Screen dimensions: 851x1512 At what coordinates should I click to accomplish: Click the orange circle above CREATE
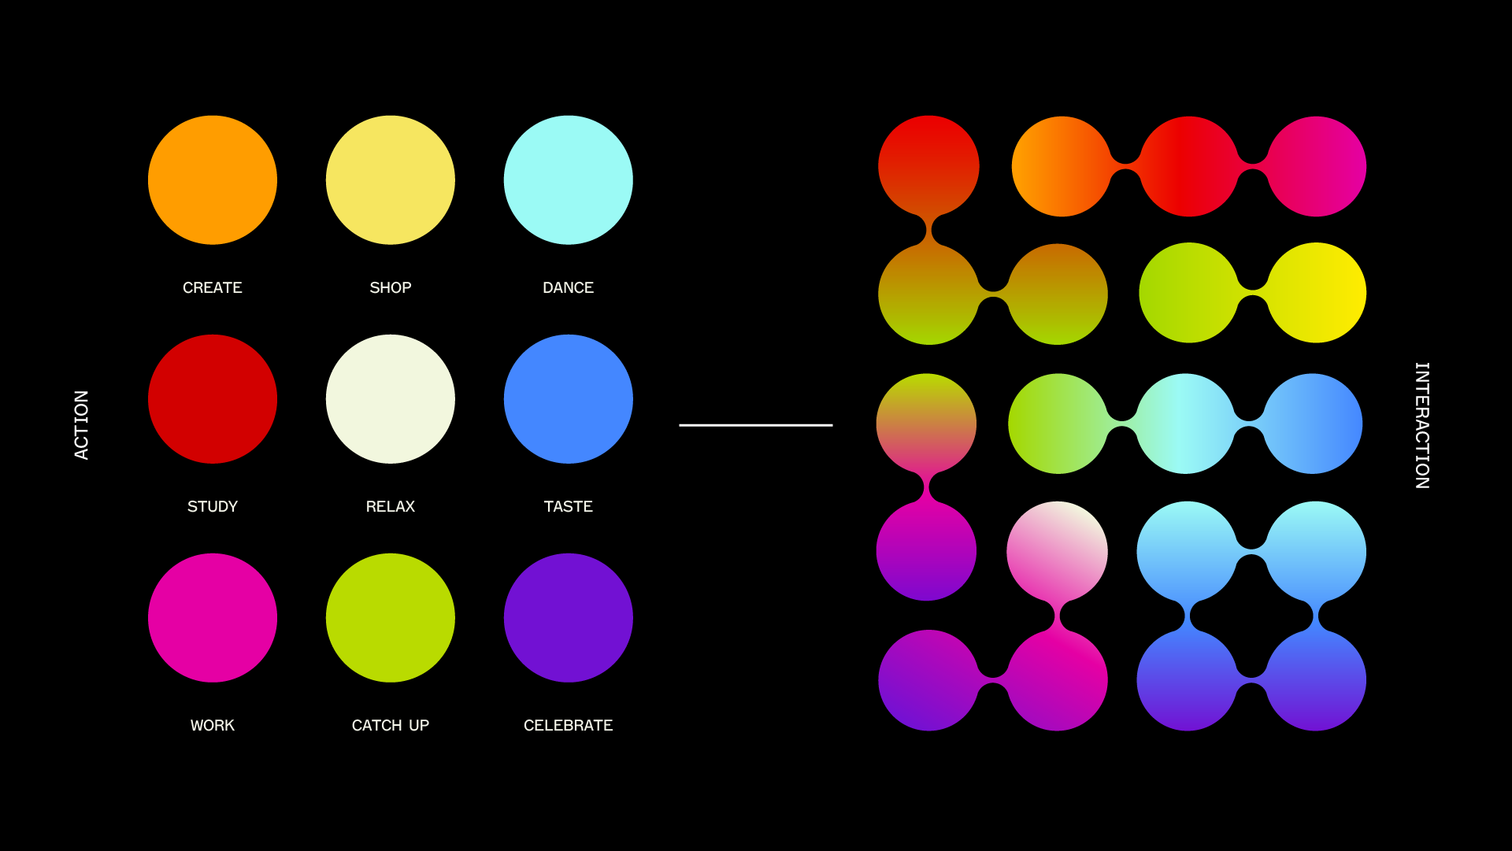coord(213,180)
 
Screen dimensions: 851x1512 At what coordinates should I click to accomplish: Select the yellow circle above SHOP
coord(391,180)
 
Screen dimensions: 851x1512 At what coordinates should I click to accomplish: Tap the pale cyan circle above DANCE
coord(569,180)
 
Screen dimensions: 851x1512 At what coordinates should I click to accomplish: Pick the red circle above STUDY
coord(213,399)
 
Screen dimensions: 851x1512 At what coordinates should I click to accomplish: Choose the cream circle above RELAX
coord(391,399)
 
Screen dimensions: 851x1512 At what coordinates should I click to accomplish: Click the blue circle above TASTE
coord(569,399)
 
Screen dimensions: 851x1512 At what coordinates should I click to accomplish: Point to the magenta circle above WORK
coord(213,618)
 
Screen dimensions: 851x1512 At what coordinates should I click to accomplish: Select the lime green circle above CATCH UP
coord(391,618)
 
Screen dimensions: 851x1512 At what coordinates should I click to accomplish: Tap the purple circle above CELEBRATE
coord(569,618)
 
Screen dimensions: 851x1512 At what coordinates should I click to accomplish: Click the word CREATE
coord(213,288)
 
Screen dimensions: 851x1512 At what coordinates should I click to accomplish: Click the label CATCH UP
coord(391,726)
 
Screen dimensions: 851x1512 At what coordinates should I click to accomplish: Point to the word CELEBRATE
coord(569,726)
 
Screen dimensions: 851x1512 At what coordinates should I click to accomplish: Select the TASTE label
coord(569,507)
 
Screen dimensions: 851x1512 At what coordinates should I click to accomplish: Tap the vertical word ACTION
coord(81,425)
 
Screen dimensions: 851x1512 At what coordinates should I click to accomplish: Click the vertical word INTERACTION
coord(1422,425)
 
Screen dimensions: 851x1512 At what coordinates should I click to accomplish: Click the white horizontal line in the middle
coord(756,425)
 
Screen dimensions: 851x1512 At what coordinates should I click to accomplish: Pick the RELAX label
coord(391,507)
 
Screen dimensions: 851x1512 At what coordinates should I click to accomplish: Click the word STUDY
coord(213,507)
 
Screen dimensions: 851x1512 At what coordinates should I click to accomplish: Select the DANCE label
coord(569,288)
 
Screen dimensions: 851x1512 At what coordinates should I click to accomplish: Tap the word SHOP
coord(391,288)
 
